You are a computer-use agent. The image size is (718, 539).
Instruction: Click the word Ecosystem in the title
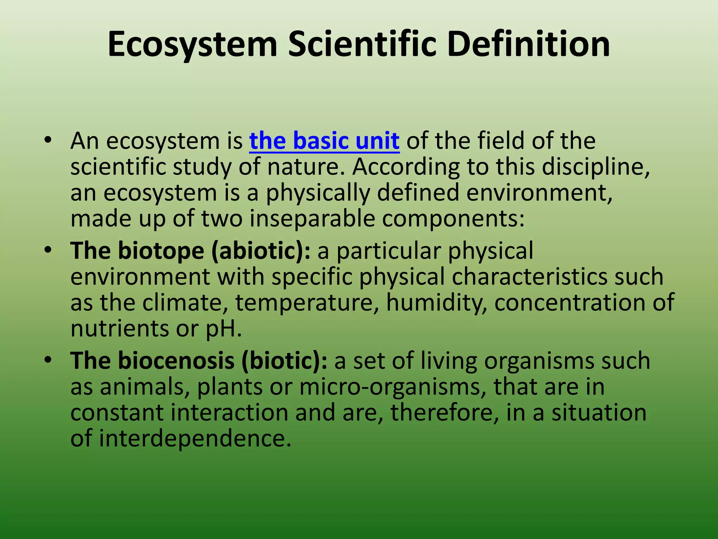[x=192, y=45]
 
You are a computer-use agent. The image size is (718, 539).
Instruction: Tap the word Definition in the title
[x=528, y=44]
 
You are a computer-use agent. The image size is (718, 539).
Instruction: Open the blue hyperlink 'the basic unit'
[x=324, y=141]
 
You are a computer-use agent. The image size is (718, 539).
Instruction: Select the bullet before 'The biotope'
[x=48, y=251]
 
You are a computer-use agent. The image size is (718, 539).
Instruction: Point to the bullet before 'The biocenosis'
[x=48, y=360]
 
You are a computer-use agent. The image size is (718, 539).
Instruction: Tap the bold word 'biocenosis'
[x=176, y=361]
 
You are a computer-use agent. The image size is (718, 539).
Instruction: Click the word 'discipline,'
[x=596, y=167]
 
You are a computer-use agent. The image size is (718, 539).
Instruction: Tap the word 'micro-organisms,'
[x=393, y=387]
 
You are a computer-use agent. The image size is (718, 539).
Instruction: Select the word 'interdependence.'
[x=195, y=439]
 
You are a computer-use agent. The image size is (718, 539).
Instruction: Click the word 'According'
[x=406, y=168]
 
